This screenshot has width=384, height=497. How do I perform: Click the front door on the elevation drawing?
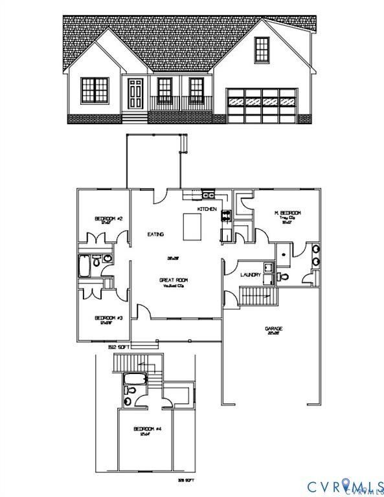click(135, 95)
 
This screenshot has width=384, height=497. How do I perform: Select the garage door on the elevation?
click(262, 104)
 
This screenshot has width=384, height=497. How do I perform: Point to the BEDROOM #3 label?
click(109, 318)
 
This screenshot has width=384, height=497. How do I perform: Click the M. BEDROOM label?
click(288, 214)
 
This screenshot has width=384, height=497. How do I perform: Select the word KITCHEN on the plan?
click(207, 210)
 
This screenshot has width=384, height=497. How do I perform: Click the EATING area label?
click(155, 234)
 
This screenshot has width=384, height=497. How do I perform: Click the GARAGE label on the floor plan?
click(273, 329)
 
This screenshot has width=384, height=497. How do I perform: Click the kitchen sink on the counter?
click(209, 194)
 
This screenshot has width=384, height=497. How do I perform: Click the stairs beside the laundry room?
click(258, 297)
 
